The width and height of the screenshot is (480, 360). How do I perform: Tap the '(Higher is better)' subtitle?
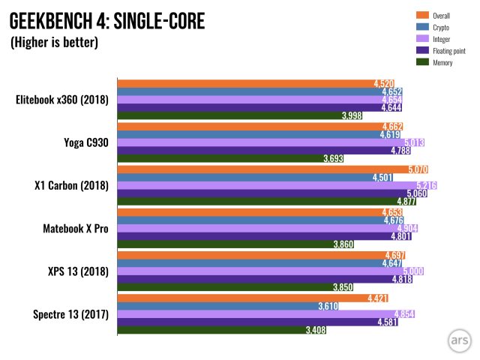54,43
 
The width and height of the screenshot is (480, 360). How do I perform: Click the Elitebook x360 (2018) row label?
62,100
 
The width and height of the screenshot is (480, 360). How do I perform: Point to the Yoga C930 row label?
84,142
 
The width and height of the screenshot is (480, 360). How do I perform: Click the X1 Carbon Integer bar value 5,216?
426,185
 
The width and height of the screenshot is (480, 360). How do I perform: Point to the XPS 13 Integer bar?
270,271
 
